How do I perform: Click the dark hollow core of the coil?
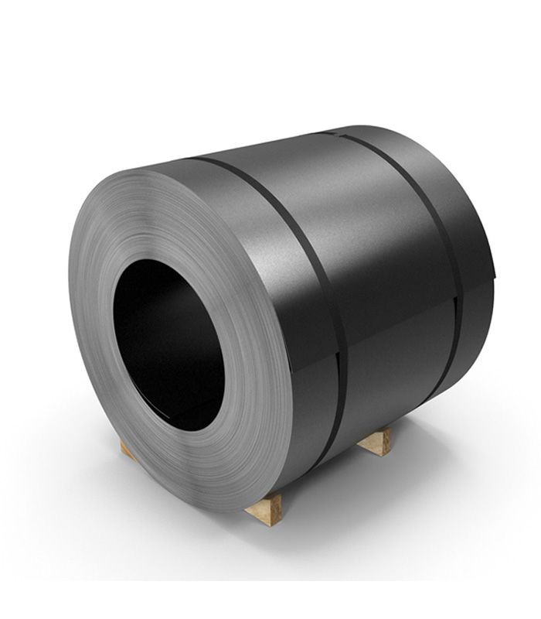tap(166, 340)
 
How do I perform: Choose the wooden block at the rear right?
tap(376, 441)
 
